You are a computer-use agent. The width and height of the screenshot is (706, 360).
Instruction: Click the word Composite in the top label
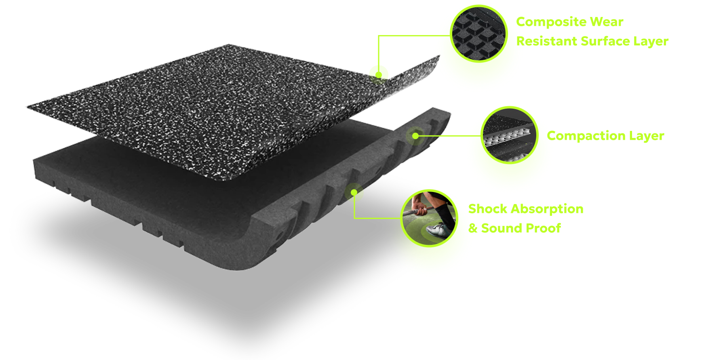pos(550,22)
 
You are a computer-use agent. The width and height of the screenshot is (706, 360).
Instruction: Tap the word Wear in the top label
pos(607,22)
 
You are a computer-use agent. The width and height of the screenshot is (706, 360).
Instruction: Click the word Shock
pos(487,209)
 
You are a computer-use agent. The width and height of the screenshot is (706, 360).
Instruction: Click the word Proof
pos(541,228)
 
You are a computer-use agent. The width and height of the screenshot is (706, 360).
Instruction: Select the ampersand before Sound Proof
pos(473,228)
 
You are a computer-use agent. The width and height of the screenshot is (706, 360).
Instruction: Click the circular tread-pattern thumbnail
pos(479,34)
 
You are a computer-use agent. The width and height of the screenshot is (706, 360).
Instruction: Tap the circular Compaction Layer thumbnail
pos(510,135)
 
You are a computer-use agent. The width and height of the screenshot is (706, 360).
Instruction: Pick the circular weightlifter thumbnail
pos(429,218)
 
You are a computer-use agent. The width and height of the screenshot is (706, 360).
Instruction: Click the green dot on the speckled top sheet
pos(379,75)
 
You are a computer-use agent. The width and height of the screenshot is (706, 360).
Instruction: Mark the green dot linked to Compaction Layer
pos(415,136)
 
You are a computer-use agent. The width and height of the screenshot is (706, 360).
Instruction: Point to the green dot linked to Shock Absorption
pos(354,192)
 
